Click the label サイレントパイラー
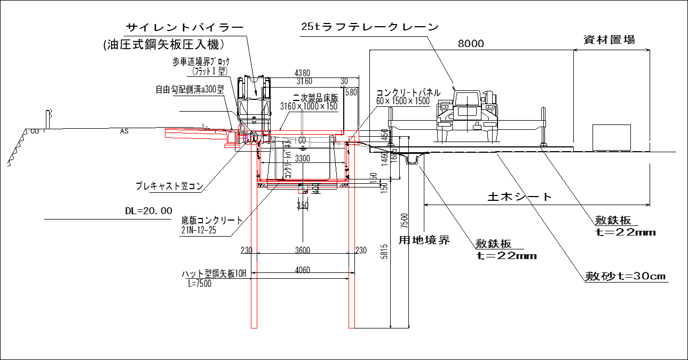click(x=184, y=27)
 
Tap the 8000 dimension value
click(x=471, y=44)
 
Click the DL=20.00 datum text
click(x=148, y=211)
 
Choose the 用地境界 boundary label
click(x=424, y=240)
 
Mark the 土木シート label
click(x=520, y=197)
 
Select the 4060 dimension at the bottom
click(x=302, y=270)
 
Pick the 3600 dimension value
click(x=302, y=250)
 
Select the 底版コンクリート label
click(x=211, y=220)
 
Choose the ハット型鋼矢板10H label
click(x=213, y=274)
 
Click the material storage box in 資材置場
click(x=612, y=137)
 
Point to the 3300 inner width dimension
click(x=302, y=159)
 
